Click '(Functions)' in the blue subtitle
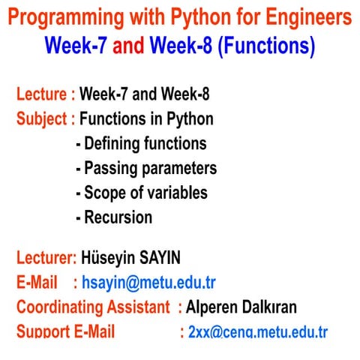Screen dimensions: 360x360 [x=265, y=46]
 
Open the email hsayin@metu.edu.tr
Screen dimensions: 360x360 [x=148, y=283]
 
